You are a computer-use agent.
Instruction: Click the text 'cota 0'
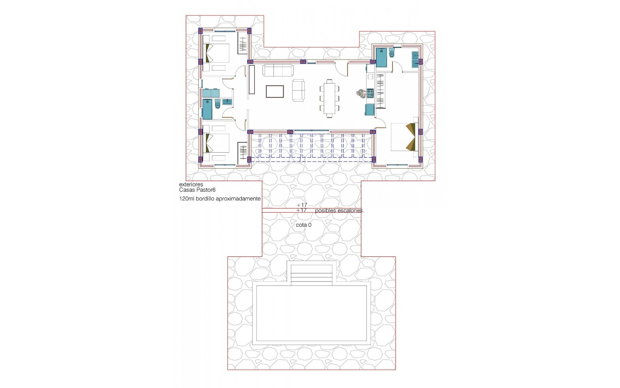click(x=304, y=225)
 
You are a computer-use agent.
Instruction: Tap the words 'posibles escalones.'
click(x=339, y=210)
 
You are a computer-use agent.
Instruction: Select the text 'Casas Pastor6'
click(x=197, y=190)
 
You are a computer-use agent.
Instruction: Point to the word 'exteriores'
click(x=191, y=185)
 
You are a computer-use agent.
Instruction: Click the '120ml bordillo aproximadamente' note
click(x=220, y=199)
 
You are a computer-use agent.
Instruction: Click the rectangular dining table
click(x=329, y=97)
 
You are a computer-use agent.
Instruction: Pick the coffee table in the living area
click(x=275, y=92)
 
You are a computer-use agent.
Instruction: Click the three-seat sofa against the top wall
click(x=278, y=70)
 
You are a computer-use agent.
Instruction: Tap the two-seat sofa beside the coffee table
click(x=298, y=90)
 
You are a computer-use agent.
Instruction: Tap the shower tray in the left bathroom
click(x=207, y=109)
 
